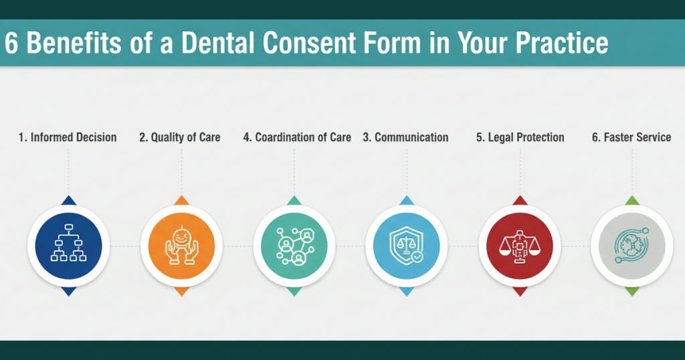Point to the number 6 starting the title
11,43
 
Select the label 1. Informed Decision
68,137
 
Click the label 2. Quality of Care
180,137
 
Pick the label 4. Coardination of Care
297,137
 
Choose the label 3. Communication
405,137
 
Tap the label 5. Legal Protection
520,137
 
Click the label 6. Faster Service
631,137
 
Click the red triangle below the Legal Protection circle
518,292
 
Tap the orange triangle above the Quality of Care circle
181,200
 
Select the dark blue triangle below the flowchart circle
68,292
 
